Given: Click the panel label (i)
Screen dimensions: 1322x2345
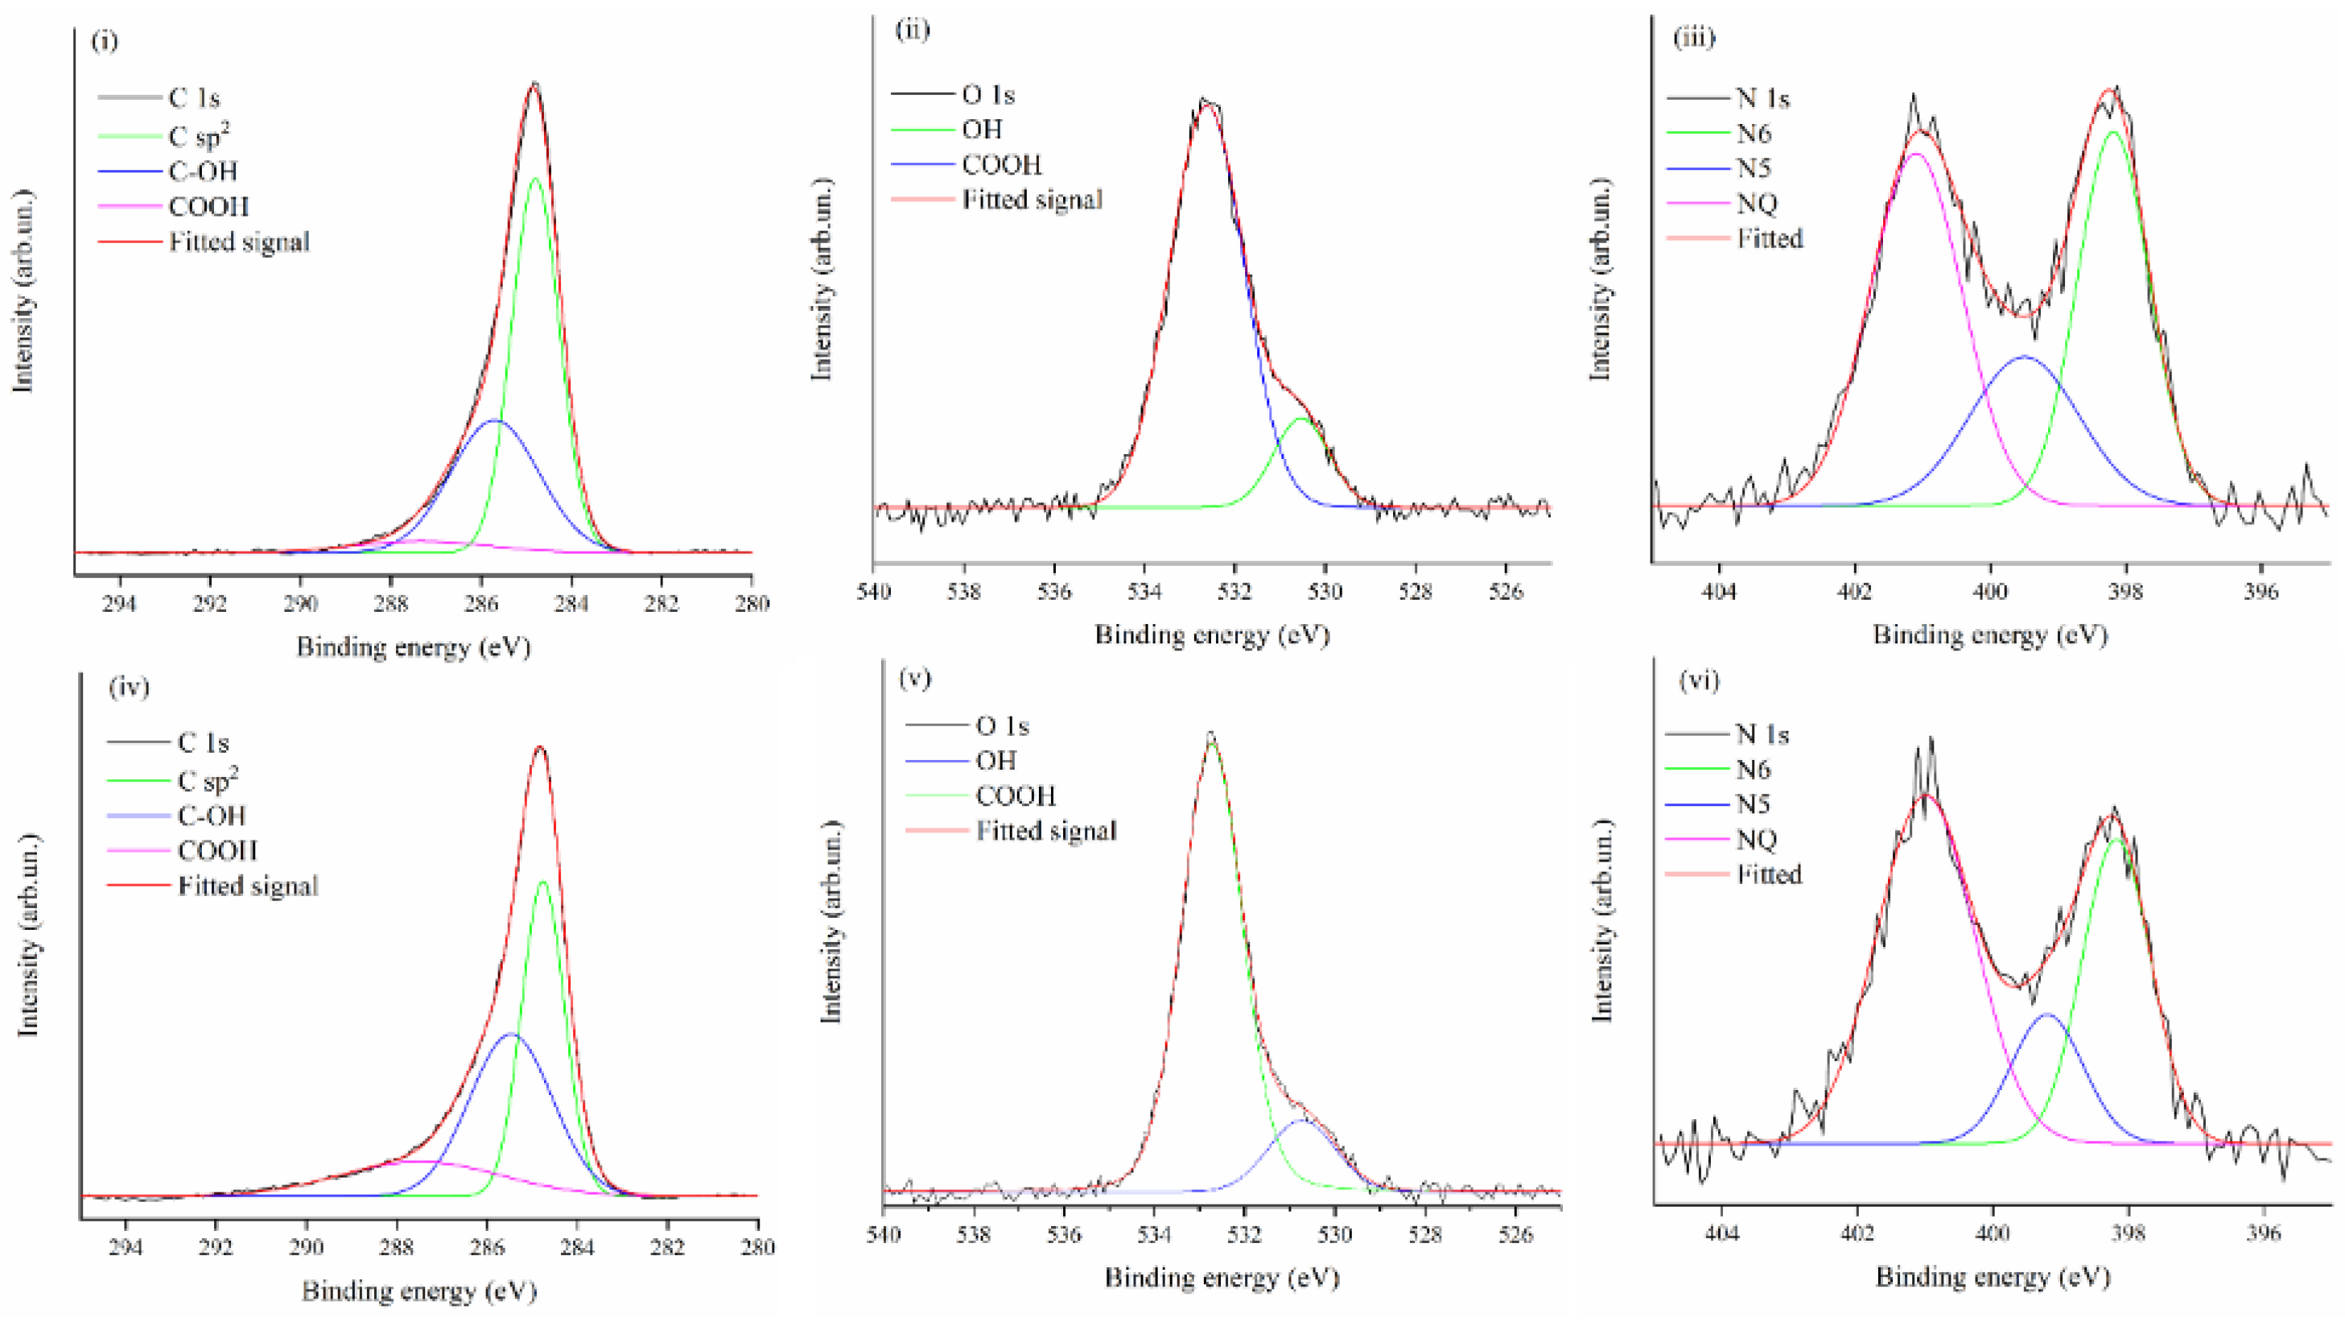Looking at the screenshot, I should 105,42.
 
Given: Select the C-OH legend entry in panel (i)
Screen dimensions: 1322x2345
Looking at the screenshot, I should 202,171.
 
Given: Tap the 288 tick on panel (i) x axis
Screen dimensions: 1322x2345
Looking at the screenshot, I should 390,603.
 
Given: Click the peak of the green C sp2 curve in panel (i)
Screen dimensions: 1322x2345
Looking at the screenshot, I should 535,179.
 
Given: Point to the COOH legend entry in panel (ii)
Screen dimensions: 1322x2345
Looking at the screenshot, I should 1000,165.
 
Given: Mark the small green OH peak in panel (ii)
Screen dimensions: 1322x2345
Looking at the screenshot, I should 1303,419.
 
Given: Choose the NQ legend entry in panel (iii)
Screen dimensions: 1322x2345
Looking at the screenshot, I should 1756,203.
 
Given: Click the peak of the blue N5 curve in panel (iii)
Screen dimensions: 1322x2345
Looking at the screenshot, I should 2026,357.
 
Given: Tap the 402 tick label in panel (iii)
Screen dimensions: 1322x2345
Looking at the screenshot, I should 1854,592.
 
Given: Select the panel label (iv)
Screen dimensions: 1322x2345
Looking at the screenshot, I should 129,687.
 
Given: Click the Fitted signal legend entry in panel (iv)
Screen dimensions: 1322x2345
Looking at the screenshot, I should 247,886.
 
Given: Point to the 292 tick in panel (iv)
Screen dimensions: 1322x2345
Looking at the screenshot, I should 216,1246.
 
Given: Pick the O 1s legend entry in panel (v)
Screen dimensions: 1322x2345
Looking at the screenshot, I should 1001,725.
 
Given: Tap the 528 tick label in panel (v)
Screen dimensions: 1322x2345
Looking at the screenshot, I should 1424,1234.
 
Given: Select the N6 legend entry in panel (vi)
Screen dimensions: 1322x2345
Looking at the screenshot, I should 1753,770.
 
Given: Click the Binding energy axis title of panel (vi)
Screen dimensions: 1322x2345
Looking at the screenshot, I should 1992,1278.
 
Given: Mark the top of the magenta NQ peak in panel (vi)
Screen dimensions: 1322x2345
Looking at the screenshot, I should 1923,795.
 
